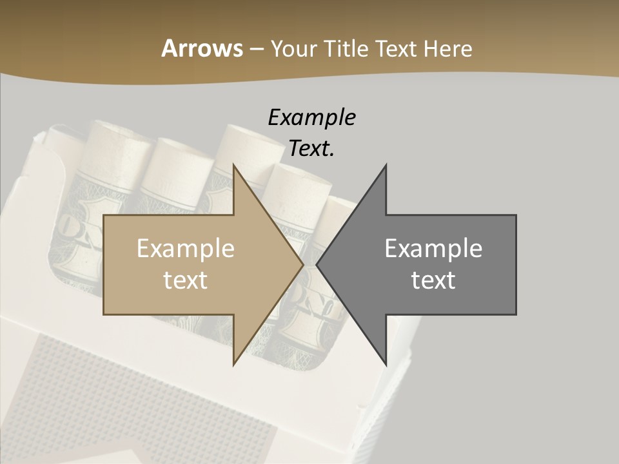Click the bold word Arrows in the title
click(202, 48)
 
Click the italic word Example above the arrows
click(311, 118)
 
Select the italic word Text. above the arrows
click(311, 148)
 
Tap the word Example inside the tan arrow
click(186, 249)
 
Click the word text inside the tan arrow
click(186, 280)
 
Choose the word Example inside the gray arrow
click(433, 249)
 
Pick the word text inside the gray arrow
click(433, 280)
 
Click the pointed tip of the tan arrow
click(302, 265)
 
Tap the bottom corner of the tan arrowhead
click(233, 364)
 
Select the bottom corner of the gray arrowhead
click(386, 364)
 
